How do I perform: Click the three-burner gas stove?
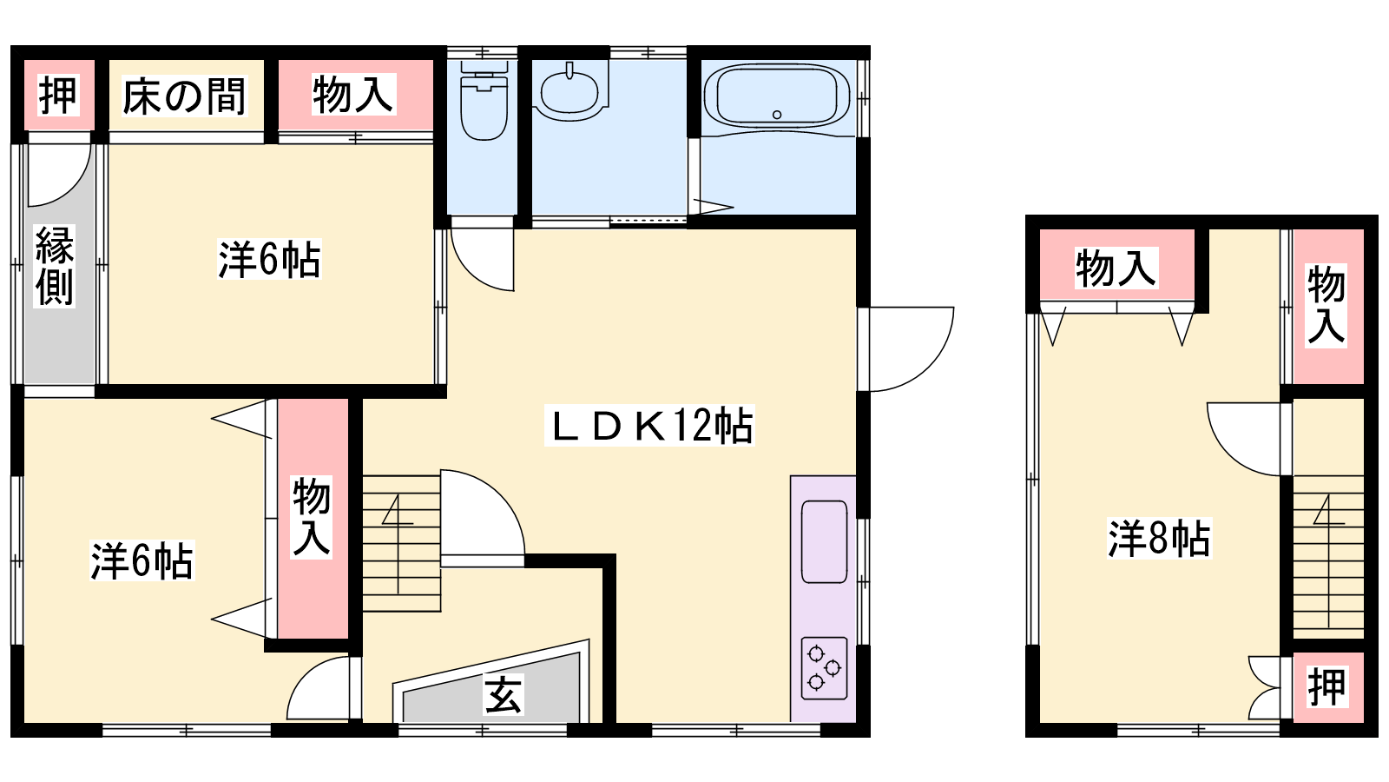[x=824, y=668]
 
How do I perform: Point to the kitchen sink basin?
[x=824, y=542]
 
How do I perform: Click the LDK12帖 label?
[x=650, y=425]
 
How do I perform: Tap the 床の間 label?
[x=185, y=96]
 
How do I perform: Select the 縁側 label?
[x=55, y=266]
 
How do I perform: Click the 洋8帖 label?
[x=1158, y=538]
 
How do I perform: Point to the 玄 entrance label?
[x=504, y=694]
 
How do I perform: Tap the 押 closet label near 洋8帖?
[x=1327, y=687]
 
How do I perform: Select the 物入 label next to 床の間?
[x=352, y=95]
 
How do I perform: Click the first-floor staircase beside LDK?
[x=401, y=544]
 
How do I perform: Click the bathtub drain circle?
[x=776, y=114]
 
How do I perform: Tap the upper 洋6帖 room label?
[x=269, y=259]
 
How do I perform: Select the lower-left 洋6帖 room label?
[x=142, y=560]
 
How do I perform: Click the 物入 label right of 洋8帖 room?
[x=1326, y=304]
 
